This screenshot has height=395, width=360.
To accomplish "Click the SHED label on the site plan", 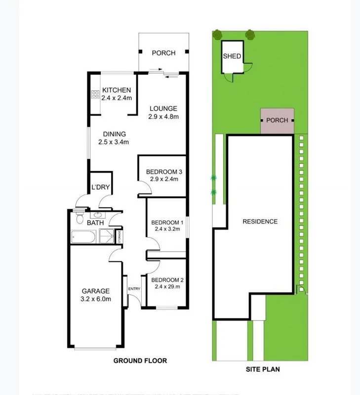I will coord(232,56).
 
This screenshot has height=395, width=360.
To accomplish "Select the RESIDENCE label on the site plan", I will coord(260,222).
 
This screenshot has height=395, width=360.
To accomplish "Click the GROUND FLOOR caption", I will coord(140,361).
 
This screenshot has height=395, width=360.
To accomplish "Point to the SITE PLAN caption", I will coord(264,369).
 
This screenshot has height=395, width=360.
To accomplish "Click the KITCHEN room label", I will coord(117,90).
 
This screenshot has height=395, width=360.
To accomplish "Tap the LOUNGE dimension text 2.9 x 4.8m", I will coord(162,117).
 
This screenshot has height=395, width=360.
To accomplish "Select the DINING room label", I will coord(114,134).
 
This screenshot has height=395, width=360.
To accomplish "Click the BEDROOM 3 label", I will coord(164,172).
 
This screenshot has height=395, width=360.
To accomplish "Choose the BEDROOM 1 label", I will coord(167,222).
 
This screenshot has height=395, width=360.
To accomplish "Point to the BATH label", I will coord(95,223).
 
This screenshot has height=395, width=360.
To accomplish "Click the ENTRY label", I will coord(134,289).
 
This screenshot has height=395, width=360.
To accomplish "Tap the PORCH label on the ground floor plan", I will coord(163,53).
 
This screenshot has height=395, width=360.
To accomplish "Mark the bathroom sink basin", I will coord(97,215).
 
